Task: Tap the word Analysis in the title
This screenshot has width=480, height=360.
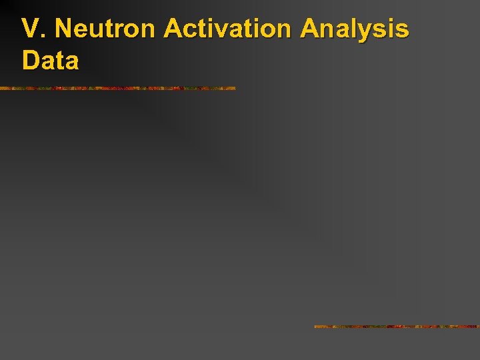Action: tap(355, 30)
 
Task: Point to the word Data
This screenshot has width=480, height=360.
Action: tap(50, 61)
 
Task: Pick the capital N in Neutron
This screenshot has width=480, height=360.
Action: tap(63, 30)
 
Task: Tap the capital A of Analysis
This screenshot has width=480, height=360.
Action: tap(310, 30)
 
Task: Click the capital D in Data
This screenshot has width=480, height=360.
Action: tap(31, 61)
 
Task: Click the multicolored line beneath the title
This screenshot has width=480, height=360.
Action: tap(117, 88)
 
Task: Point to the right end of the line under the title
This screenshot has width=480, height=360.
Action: tap(234, 88)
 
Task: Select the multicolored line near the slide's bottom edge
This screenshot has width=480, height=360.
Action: tap(397, 327)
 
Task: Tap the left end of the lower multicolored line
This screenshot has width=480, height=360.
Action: tap(316, 327)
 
